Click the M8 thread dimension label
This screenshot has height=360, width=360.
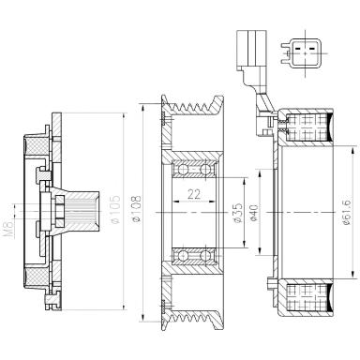(x=9, y=230)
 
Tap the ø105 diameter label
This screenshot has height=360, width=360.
(x=115, y=209)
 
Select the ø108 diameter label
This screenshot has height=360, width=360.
(x=137, y=209)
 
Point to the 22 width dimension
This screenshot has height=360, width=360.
(x=194, y=194)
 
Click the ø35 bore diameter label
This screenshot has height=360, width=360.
(x=238, y=213)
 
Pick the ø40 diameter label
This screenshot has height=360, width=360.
(x=254, y=213)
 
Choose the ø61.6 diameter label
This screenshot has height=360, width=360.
(x=347, y=213)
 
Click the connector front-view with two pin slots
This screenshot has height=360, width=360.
(x=304, y=53)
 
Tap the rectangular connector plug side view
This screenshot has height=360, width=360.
(x=251, y=50)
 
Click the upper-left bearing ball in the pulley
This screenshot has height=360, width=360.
(x=182, y=170)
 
